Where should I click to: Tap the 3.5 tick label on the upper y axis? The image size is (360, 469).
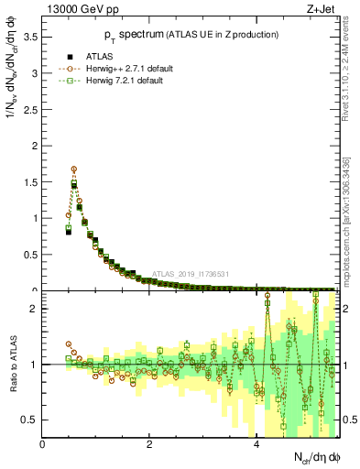pyautogui.click(x=29, y=38)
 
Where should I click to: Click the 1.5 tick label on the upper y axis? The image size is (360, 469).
pyautogui.click(x=29, y=182)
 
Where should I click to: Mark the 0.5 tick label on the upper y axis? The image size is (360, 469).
pyautogui.click(x=29, y=255)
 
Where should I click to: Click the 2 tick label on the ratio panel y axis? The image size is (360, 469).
pyautogui.click(x=34, y=309)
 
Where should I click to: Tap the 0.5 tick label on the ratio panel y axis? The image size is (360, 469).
pyautogui.click(x=29, y=420)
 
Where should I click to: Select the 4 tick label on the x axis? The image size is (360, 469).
pyautogui.click(x=256, y=445)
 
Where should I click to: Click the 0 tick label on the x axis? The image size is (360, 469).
pyautogui.click(x=43, y=445)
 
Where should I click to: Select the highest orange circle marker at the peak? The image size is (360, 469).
pyautogui.click(x=73, y=169)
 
